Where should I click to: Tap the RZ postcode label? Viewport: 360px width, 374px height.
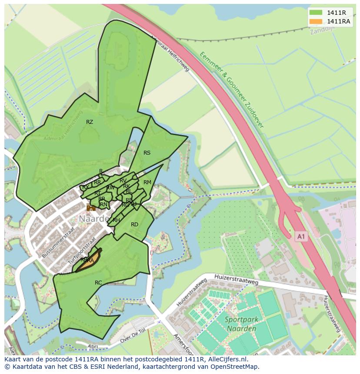click(90, 122)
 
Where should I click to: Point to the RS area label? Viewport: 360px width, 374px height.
click(147, 153)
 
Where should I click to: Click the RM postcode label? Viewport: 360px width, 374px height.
click(147, 182)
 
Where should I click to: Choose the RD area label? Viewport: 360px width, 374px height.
click(134, 225)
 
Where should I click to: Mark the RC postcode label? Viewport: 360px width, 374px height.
click(98, 283)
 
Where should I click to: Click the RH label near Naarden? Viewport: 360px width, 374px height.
click(116, 220)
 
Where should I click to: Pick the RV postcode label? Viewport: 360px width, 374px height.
click(123, 181)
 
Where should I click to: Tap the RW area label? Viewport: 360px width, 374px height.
click(110, 188)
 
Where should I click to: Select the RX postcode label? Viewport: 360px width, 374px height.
click(86, 187)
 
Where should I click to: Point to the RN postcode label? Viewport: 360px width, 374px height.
click(103, 205)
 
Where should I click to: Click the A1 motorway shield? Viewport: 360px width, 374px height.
click(301, 236)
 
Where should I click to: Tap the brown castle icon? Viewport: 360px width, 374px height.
click(91, 208)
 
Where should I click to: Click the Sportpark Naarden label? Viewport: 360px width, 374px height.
click(241, 324)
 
